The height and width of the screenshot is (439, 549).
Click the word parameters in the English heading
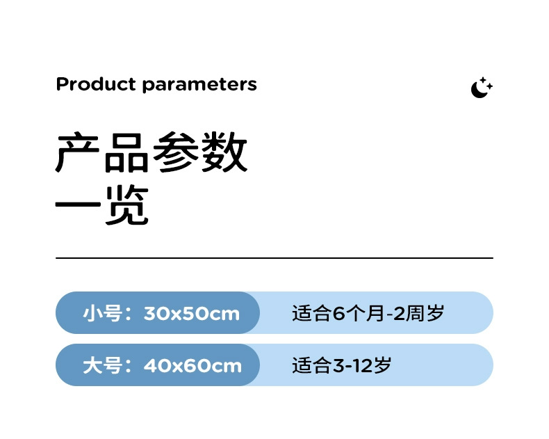point(199,86)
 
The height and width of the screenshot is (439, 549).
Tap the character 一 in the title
point(79,207)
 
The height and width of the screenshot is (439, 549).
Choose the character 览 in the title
point(127,207)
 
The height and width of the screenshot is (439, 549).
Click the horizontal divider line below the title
point(274,258)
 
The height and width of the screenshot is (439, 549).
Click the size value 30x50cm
point(192,314)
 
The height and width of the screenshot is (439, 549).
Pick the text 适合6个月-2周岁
point(368,313)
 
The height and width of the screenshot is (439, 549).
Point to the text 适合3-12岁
point(342,365)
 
